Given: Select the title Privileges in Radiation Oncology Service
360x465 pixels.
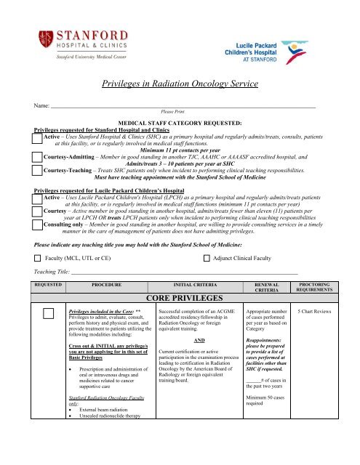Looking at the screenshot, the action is coord(179,84).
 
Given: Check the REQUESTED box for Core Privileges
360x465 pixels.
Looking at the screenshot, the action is coord(49,334).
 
